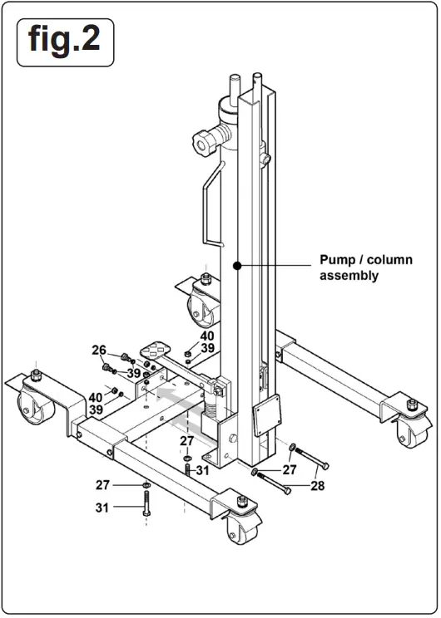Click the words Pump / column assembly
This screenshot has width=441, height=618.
(365, 267)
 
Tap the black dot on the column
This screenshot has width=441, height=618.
(237, 266)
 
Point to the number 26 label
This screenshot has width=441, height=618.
(99, 350)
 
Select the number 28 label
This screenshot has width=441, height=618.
(317, 486)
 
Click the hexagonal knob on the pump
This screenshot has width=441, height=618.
(202, 138)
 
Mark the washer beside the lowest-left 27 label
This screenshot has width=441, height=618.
(146, 485)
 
